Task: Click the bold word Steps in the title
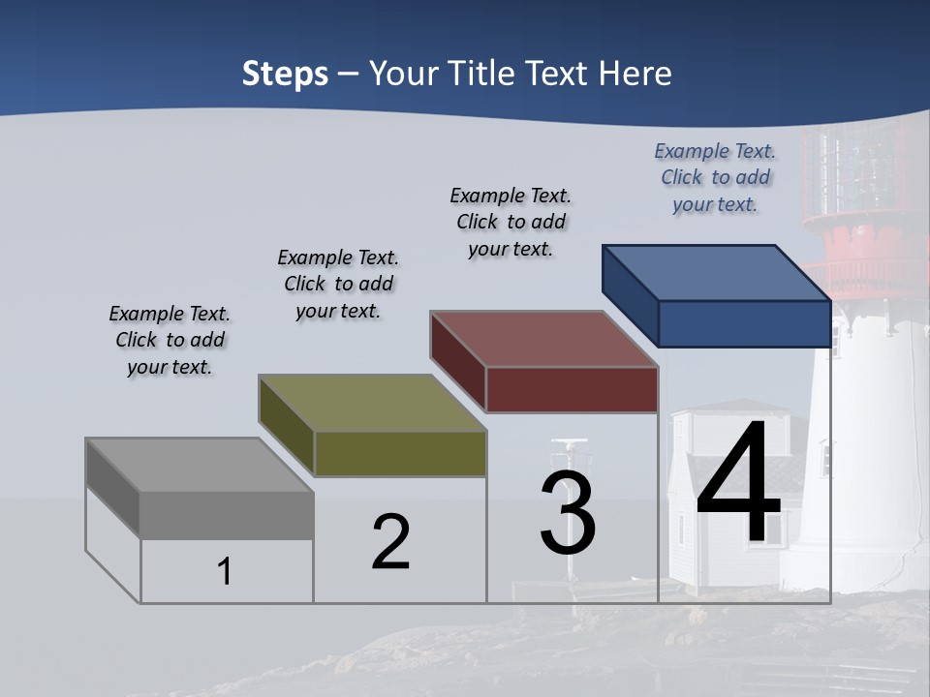pyautogui.click(x=285, y=74)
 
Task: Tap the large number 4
pyautogui.click(x=738, y=484)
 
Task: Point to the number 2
pyautogui.click(x=390, y=542)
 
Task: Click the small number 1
pyautogui.click(x=225, y=571)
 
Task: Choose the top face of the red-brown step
pyautogui.click(x=544, y=339)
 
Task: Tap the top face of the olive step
pyautogui.click(x=372, y=403)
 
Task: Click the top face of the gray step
pyautogui.click(x=200, y=466)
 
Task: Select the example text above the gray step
pyautogui.click(x=170, y=340)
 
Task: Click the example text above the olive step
pyautogui.click(x=338, y=284)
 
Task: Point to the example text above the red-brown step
pyautogui.click(x=511, y=222)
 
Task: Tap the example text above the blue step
pyautogui.click(x=715, y=177)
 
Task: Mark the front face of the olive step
pyautogui.click(x=400, y=453)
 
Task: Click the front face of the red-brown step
pyautogui.click(x=572, y=389)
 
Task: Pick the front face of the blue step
pyautogui.click(x=744, y=323)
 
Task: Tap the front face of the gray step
pyautogui.click(x=227, y=515)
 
